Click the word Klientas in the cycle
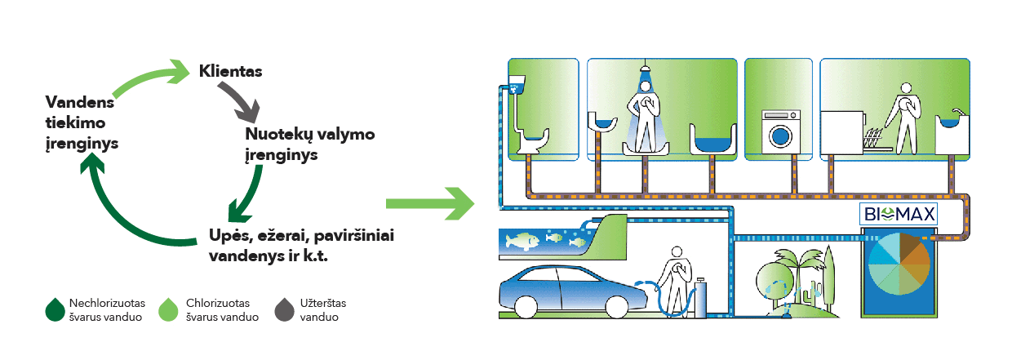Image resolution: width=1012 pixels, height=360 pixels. click(x=230, y=72)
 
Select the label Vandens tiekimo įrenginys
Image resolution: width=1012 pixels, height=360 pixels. click(x=82, y=122)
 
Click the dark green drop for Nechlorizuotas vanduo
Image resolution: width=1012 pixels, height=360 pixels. click(x=55, y=309)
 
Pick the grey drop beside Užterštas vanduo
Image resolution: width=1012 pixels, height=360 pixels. click(x=285, y=309)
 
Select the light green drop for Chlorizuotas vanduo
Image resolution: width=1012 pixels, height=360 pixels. click(x=170, y=309)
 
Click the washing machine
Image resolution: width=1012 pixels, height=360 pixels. click(x=781, y=131)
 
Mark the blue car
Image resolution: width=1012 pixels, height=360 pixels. click(x=563, y=290)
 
